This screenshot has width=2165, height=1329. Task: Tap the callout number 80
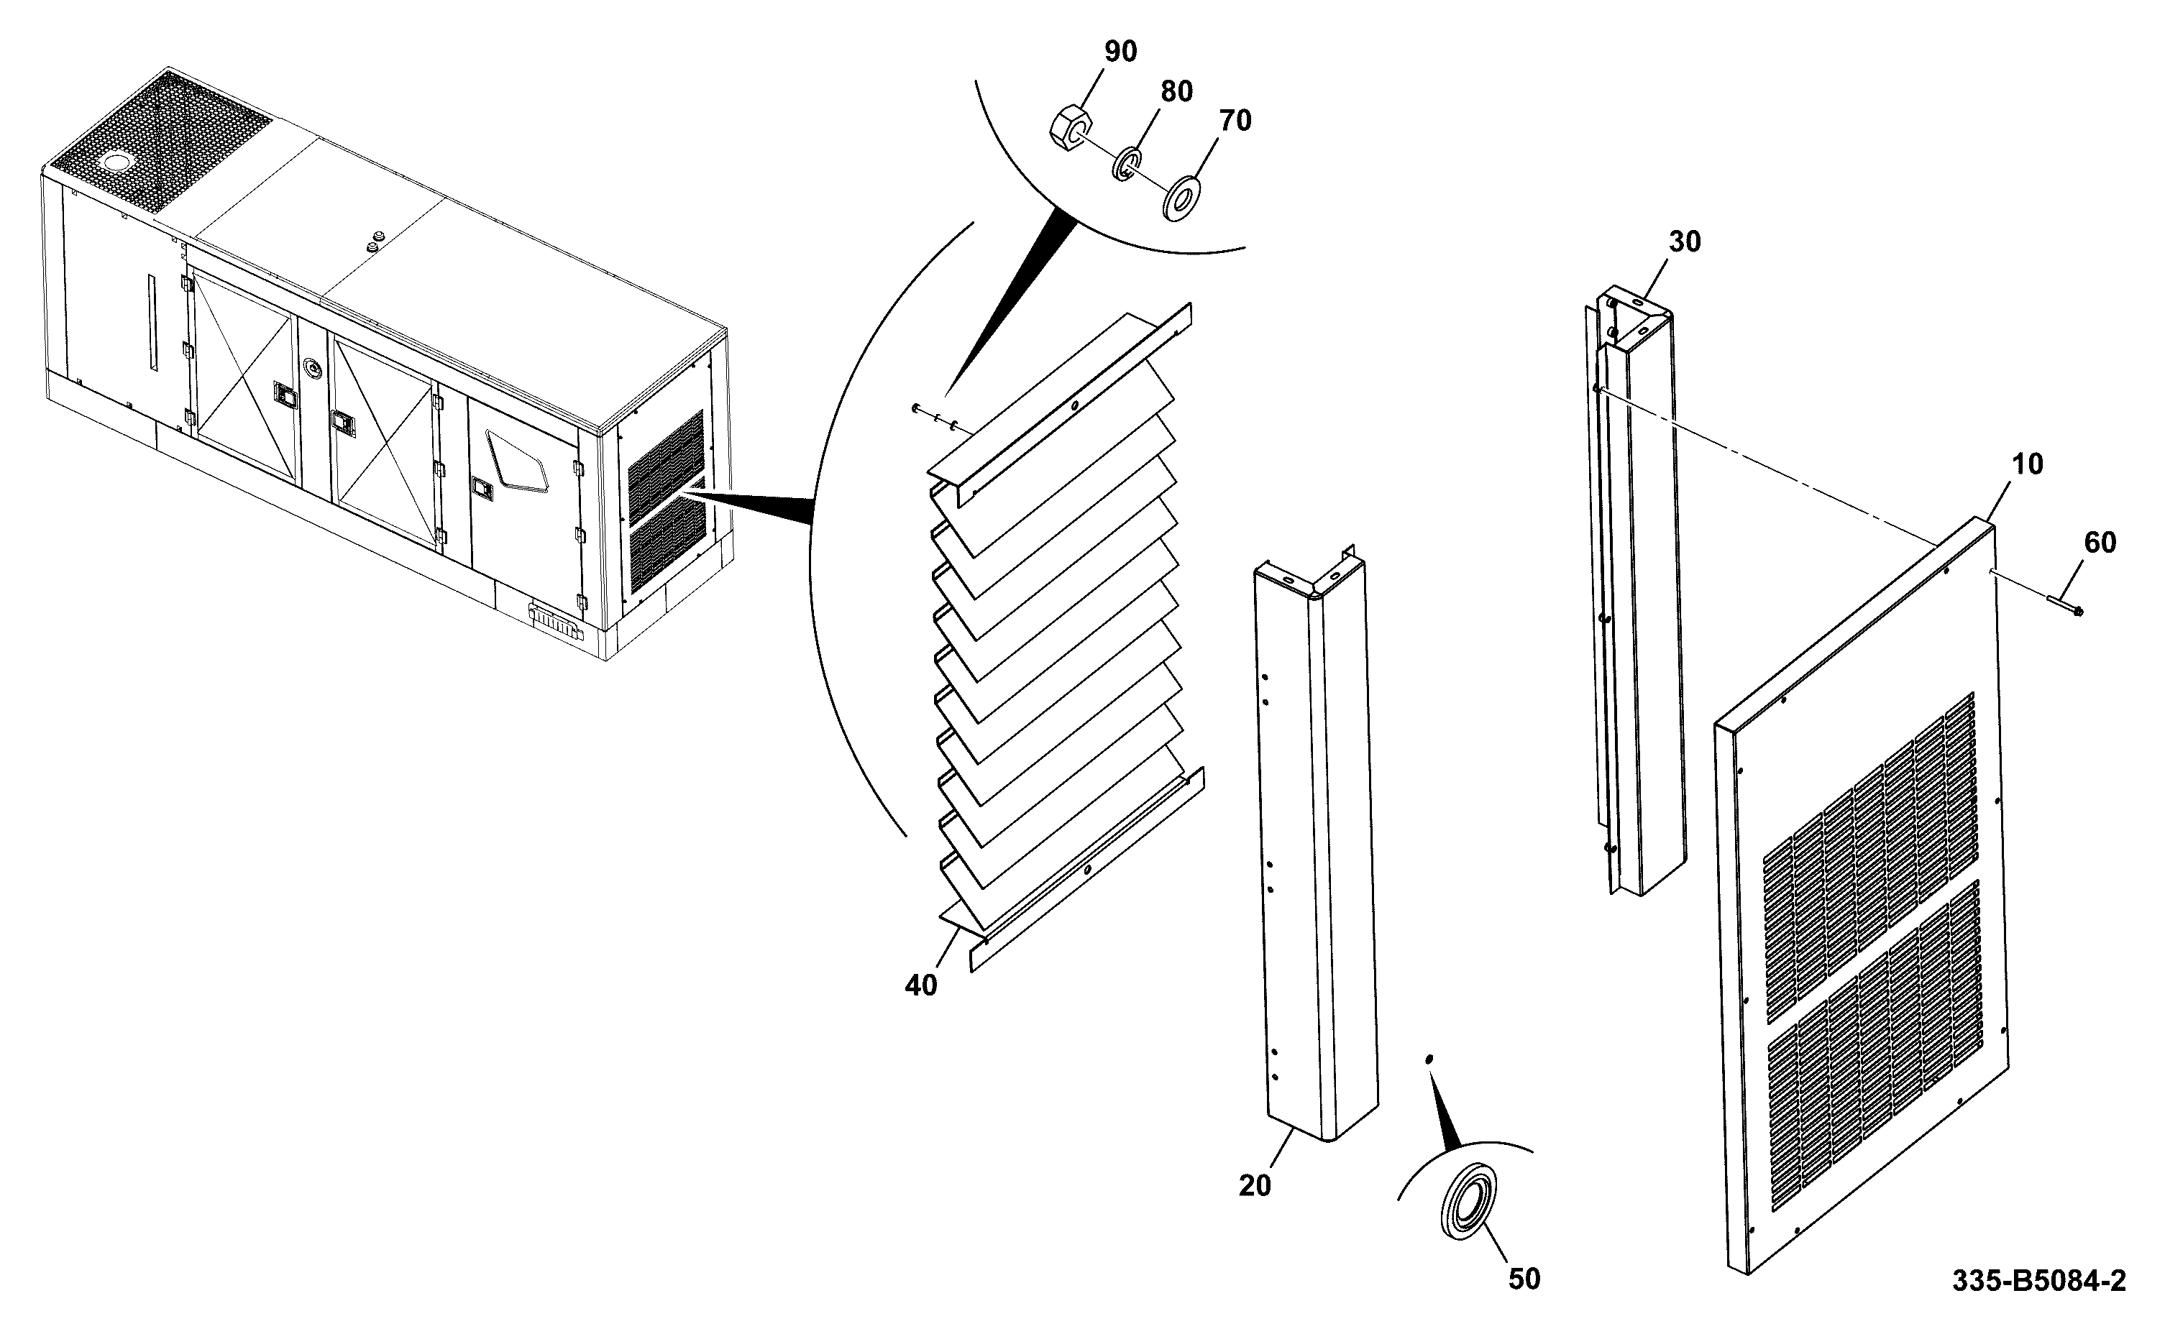click(x=1177, y=91)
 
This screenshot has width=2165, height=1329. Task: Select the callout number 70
click(x=1235, y=121)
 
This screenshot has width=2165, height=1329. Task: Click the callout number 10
click(x=2026, y=464)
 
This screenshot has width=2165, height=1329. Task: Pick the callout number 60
click(x=2100, y=543)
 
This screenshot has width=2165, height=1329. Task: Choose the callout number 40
click(x=921, y=986)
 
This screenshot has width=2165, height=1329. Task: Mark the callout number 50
click(x=1524, y=1279)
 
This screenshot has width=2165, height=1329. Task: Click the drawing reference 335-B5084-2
click(x=2039, y=1282)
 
